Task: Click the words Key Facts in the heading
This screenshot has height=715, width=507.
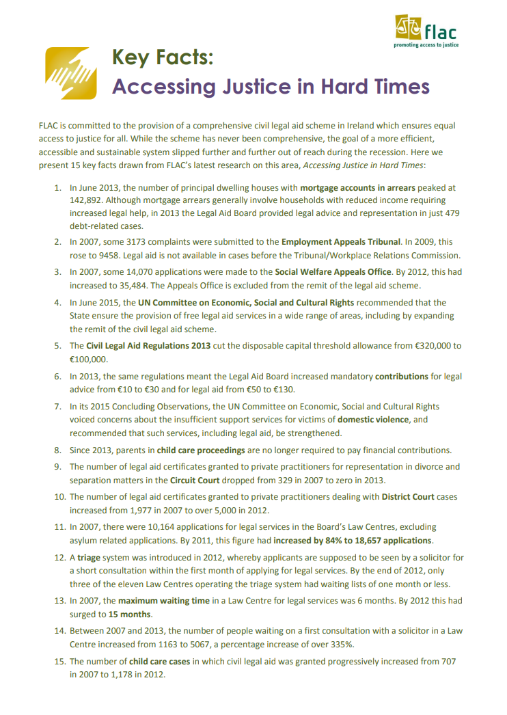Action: click(163, 58)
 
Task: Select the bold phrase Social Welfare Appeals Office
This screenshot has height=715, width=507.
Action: click(333, 271)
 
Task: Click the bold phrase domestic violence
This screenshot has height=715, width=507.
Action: click(373, 419)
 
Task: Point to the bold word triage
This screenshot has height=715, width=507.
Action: click(89, 558)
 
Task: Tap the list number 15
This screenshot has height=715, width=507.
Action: click(59, 661)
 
